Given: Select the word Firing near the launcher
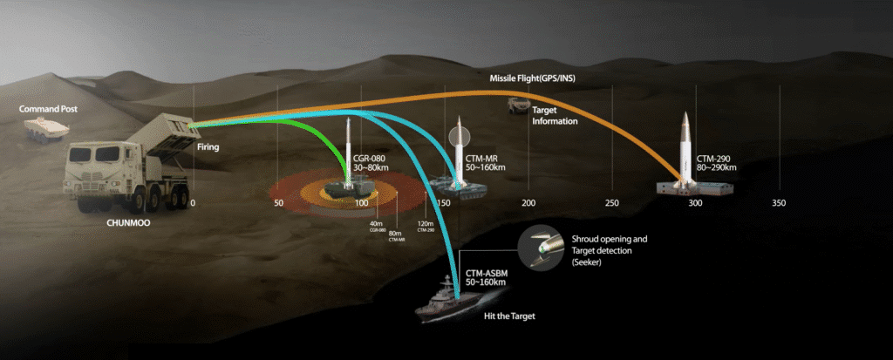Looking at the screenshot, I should tap(208, 147).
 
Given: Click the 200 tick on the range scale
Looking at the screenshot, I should tap(528, 202).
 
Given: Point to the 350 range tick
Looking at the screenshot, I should tap(779, 202).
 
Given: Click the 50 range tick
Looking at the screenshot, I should tap(278, 202).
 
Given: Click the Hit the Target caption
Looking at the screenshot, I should tap(509, 316).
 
